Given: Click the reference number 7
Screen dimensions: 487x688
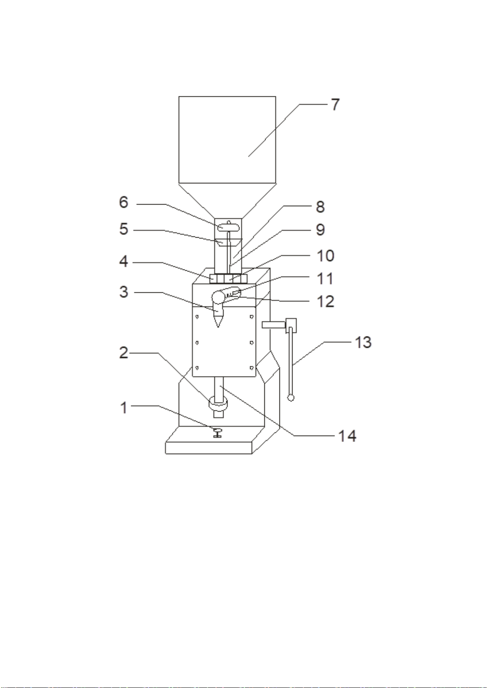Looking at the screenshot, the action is click(335, 105).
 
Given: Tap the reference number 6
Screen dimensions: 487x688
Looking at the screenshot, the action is click(123, 202).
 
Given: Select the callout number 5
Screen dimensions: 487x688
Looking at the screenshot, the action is click(123, 229).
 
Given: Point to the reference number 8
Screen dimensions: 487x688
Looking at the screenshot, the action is click(320, 207).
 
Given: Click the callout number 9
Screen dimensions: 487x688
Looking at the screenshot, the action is click(320, 230).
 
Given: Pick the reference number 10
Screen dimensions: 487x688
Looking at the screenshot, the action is click(325, 256).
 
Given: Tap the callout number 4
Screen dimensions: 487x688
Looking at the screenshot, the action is click(123, 261).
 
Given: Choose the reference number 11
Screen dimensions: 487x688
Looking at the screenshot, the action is click(325, 278).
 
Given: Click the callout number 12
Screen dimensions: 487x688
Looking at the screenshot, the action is click(326, 302).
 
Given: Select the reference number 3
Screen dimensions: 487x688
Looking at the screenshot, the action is click(123, 292).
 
